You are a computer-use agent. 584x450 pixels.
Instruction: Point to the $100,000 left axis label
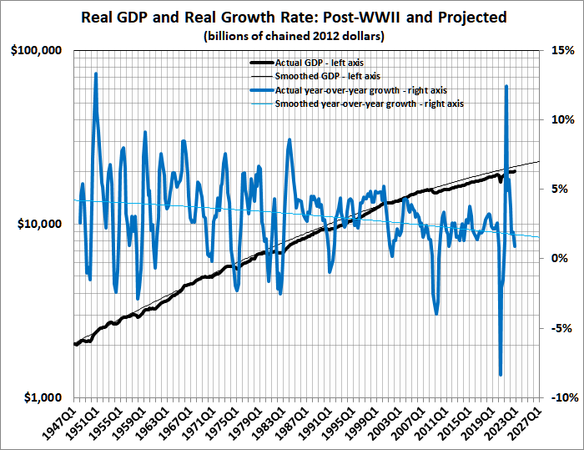tap(37, 51)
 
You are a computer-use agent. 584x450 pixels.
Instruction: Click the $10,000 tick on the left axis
tap(39, 225)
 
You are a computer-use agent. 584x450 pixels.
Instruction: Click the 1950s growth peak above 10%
tap(96, 73)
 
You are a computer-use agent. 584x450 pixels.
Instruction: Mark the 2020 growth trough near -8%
tap(501, 375)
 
